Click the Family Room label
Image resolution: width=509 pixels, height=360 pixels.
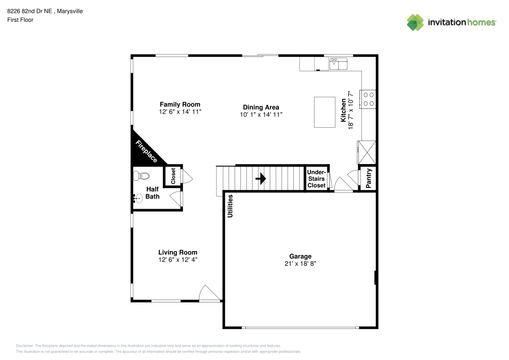click(x=180, y=104)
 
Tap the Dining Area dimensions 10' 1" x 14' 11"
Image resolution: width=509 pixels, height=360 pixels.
click(x=261, y=115)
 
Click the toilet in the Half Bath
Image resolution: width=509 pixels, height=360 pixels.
click(x=140, y=177)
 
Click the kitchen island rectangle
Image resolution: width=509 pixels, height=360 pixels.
click(x=323, y=112)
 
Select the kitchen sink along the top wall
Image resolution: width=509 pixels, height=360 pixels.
click(x=338, y=64)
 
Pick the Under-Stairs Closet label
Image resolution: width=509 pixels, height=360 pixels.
click(x=316, y=179)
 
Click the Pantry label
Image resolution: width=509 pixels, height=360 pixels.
click(x=369, y=178)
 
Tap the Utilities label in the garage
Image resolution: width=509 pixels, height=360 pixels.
click(x=230, y=206)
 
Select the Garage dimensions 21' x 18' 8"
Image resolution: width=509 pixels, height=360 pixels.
click(x=300, y=264)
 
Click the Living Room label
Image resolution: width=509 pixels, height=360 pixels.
click(x=178, y=252)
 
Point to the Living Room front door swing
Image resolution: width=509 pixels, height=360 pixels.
click(x=209, y=293)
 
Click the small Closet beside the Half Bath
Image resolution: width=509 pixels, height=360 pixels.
click(x=173, y=176)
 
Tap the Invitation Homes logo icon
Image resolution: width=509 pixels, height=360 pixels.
click(x=415, y=22)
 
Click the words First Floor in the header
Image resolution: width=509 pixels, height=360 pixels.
click(x=20, y=20)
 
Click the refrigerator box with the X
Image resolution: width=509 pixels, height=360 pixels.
click(x=367, y=151)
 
